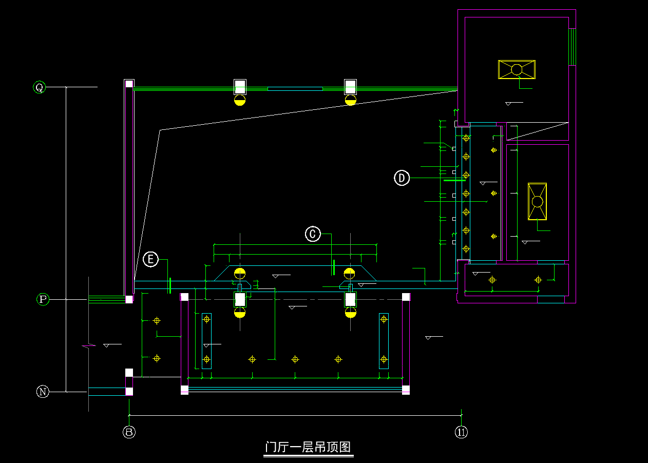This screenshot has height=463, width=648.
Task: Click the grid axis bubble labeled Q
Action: [39, 87]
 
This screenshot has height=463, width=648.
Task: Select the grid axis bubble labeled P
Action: [43, 299]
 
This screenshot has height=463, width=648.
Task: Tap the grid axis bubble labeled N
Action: [43, 392]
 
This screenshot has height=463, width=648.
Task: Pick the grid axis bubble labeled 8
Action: [129, 432]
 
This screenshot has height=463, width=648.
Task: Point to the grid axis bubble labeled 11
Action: [461, 432]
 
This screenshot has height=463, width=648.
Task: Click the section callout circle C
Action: [313, 234]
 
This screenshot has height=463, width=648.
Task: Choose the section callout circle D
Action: [402, 178]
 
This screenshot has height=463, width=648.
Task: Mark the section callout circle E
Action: [150, 259]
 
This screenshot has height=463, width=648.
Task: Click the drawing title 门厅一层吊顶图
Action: [309, 447]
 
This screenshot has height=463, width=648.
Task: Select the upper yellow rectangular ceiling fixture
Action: [517, 69]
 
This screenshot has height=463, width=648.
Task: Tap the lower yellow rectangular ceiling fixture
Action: [537, 201]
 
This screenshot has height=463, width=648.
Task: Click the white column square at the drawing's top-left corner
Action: [129, 84]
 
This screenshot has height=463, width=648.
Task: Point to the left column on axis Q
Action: [240, 86]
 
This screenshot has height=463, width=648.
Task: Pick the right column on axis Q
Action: [350, 86]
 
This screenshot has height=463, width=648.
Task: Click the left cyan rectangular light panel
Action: [206, 341]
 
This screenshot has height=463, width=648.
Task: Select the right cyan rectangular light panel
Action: [384, 341]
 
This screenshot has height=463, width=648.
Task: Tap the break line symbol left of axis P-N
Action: [89, 347]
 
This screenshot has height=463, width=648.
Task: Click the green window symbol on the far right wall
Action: [572, 47]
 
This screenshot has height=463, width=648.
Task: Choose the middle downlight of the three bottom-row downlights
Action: [295, 359]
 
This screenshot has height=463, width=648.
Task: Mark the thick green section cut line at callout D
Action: [454, 180]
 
